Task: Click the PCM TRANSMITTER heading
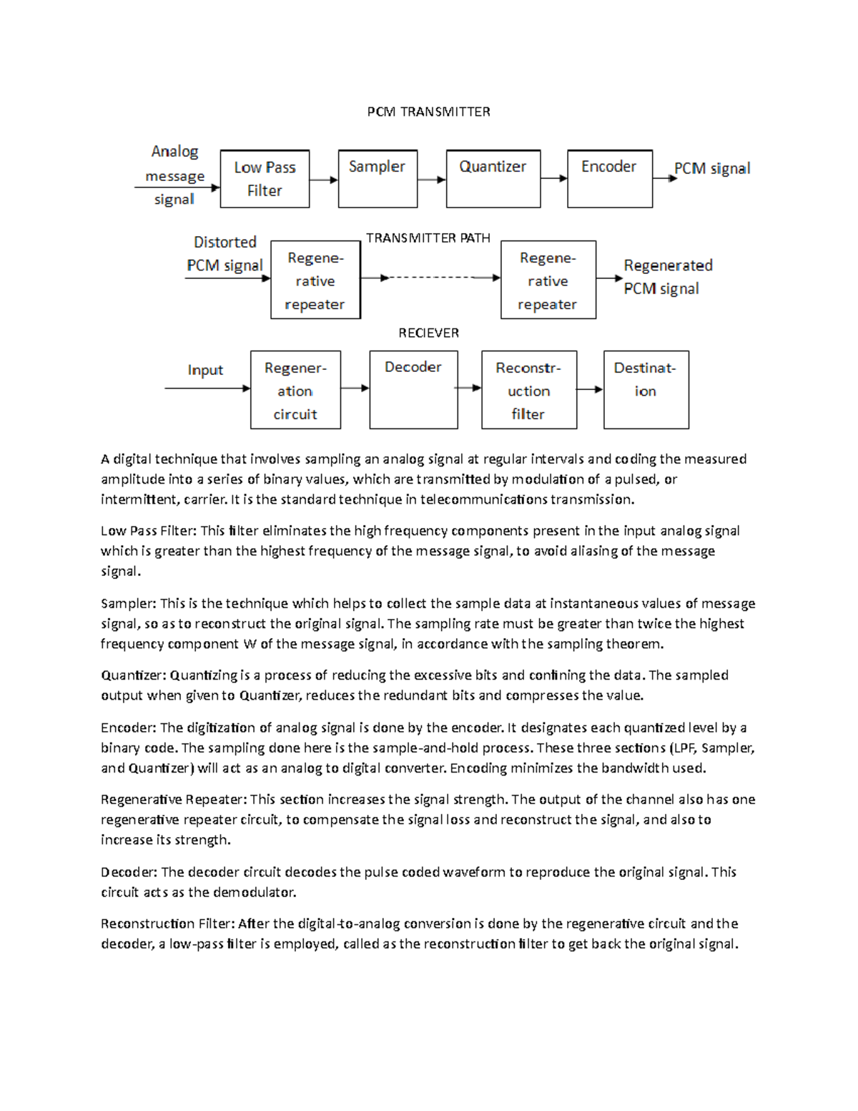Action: [428, 112]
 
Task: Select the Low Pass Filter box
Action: [265, 179]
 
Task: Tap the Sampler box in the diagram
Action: [378, 179]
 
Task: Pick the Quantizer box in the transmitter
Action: [493, 179]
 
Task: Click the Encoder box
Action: [609, 179]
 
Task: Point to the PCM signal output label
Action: [712, 169]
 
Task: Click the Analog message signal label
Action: [174, 175]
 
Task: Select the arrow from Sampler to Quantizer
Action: [431, 180]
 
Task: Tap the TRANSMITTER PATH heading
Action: [428, 238]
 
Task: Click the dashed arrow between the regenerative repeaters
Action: [430, 278]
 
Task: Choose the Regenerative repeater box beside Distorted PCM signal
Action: [315, 280]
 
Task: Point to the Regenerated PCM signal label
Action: [667, 277]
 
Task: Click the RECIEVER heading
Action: [428, 333]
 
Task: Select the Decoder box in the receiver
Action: [413, 390]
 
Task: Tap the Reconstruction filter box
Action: [528, 390]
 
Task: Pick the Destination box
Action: [646, 390]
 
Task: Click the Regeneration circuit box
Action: [295, 390]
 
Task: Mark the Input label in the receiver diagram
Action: [205, 370]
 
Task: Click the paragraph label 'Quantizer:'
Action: [133, 675]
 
